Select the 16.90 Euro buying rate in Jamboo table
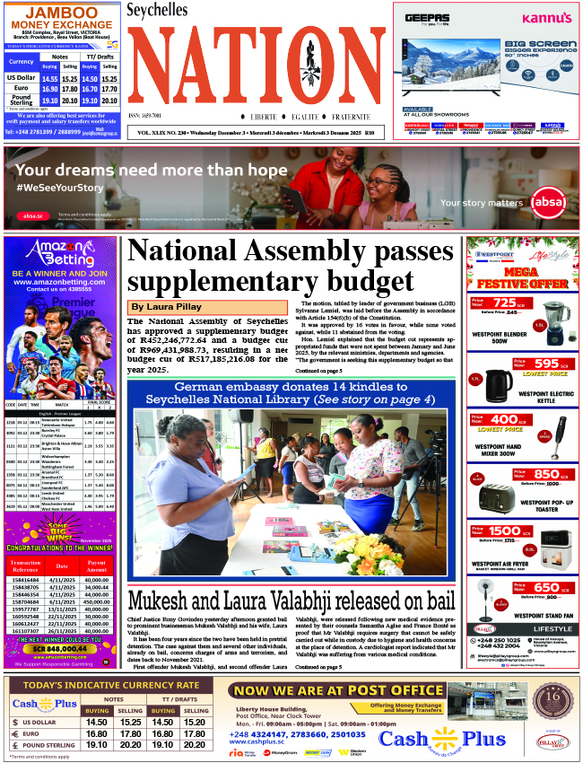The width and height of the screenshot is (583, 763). [49, 89]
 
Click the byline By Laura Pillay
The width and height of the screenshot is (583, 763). [167, 307]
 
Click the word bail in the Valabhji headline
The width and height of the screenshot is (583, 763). [432, 600]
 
